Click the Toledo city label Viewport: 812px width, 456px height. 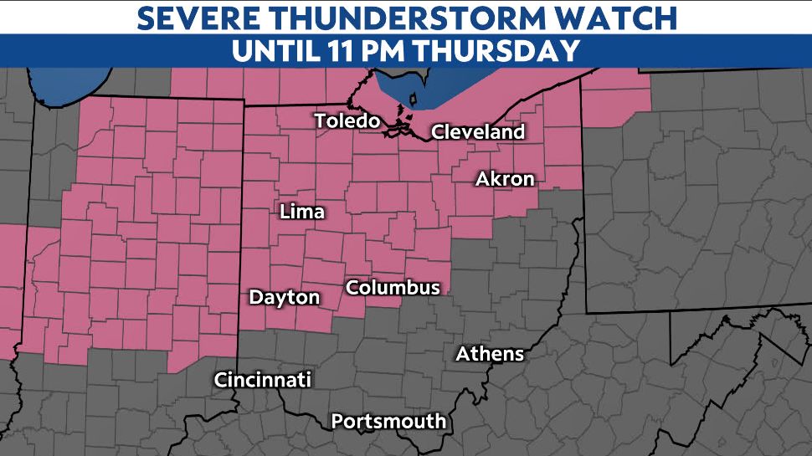click(x=347, y=121)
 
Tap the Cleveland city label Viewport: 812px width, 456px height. click(x=478, y=132)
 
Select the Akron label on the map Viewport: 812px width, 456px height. click(x=505, y=179)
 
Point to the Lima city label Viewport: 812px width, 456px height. click(x=301, y=213)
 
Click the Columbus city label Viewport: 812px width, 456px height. click(x=393, y=288)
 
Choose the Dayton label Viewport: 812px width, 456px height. click(x=285, y=298)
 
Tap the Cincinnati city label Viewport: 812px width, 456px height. click(x=263, y=380)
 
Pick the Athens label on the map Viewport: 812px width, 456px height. click(x=490, y=355)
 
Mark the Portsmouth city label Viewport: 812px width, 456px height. click(x=388, y=422)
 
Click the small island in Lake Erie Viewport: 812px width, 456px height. click(x=412, y=100)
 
